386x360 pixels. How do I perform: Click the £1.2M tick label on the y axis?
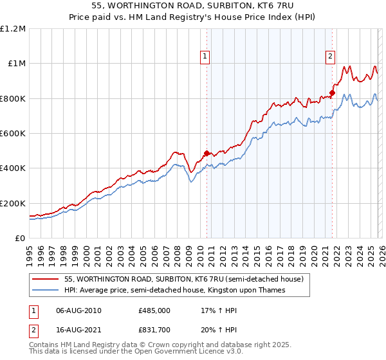pyautogui.click(x=13, y=28)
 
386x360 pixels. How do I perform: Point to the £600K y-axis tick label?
pyautogui.click(x=13, y=133)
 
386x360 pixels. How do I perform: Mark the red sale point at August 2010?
pyautogui.click(x=207, y=154)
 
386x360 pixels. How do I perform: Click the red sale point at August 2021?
pyautogui.click(x=332, y=93)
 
